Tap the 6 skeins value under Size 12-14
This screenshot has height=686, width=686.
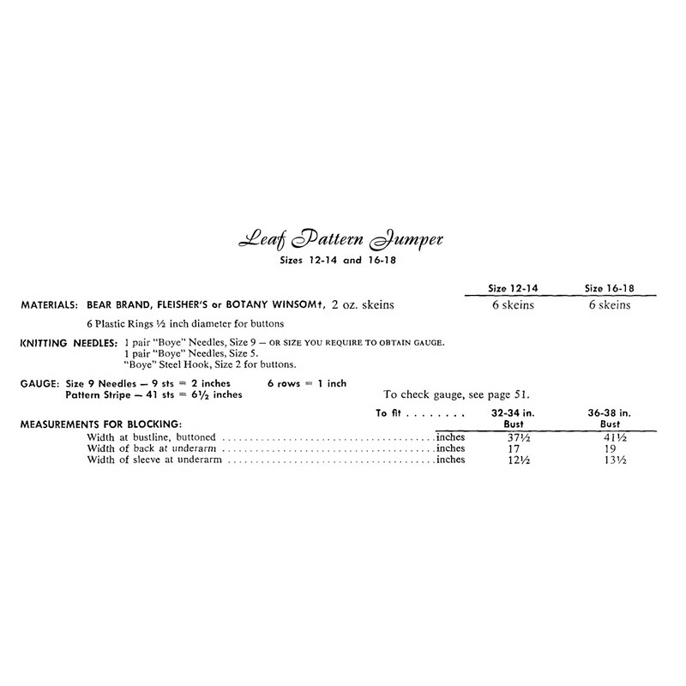pos(511,304)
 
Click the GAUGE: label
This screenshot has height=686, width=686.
pos(37,383)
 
